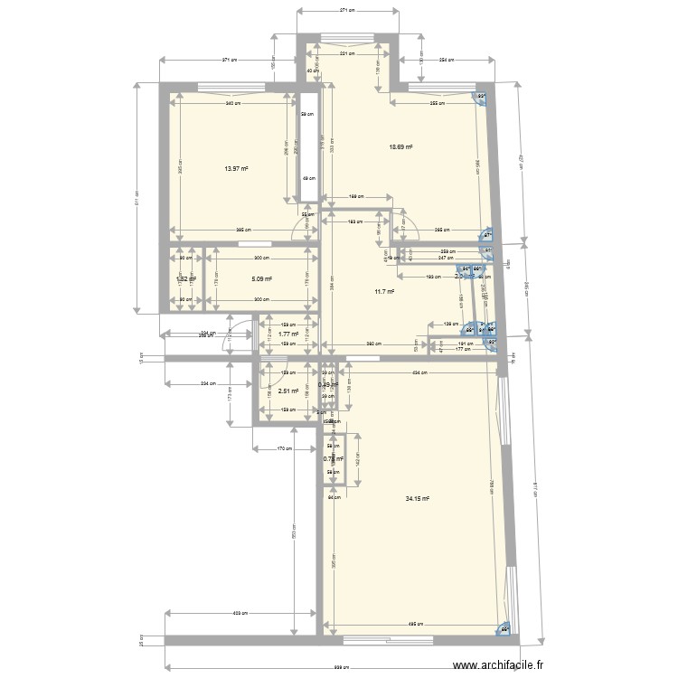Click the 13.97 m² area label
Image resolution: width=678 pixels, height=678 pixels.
(237, 168)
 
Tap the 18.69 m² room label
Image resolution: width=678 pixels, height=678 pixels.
(400, 146)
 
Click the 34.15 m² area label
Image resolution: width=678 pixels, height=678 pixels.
(417, 498)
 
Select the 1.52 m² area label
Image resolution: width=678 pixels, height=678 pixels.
(186, 279)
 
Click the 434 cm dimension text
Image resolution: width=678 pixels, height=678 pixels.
(419, 373)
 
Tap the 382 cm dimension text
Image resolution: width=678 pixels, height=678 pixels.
(372, 344)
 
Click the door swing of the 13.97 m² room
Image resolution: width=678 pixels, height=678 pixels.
(306, 230)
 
